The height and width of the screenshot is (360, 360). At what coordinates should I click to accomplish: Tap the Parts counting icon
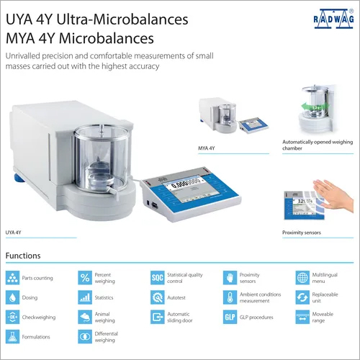click(x=12, y=277)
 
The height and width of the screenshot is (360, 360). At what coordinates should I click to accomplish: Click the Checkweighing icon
click(x=12, y=317)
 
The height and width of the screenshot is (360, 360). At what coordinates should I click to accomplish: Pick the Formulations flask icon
click(x=12, y=336)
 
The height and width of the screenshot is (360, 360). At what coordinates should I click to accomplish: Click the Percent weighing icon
click(x=85, y=277)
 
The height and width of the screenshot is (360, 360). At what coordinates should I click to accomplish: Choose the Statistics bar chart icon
click(x=85, y=297)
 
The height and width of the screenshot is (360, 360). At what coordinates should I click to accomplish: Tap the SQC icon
click(x=157, y=277)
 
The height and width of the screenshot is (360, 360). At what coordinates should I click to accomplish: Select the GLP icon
click(x=230, y=317)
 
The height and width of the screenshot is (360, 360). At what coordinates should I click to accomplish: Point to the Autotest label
click(x=178, y=297)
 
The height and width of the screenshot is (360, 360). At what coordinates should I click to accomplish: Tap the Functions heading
click(x=23, y=256)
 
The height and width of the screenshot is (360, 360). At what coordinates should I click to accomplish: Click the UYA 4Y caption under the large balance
click(x=15, y=232)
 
